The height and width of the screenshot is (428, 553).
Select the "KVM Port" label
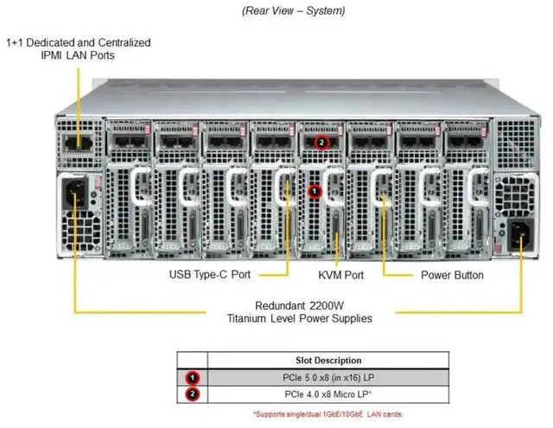click(x=340, y=275)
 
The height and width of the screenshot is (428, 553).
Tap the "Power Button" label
click(x=452, y=275)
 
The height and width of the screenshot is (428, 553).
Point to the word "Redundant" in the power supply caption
click(x=283, y=305)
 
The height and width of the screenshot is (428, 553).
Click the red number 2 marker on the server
click(x=321, y=141)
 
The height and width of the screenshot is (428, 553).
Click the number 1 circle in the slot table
click(x=191, y=377)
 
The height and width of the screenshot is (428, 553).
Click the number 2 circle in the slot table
click(x=191, y=394)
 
